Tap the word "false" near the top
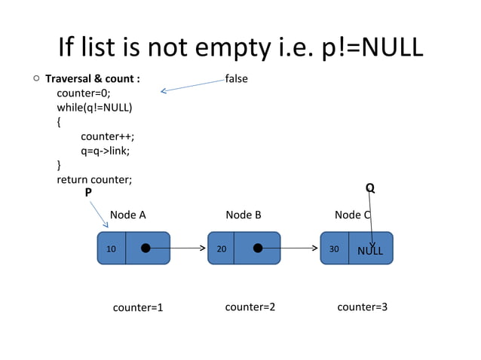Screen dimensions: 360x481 pyautogui.click(x=236, y=78)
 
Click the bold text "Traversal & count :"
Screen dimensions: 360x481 pyautogui.click(x=92, y=78)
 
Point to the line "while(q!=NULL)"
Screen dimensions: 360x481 pyautogui.click(x=94, y=107)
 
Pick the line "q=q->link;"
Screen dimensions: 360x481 pyautogui.click(x=106, y=151)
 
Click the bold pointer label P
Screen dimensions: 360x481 pyautogui.click(x=88, y=193)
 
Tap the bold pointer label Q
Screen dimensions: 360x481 pyautogui.click(x=369, y=187)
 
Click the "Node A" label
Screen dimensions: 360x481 pyautogui.click(x=128, y=215)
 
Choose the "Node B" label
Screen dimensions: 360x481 pyautogui.click(x=244, y=215)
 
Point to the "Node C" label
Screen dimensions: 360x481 pyautogui.click(x=352, y=215)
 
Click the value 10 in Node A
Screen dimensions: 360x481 pyautogui.click(x=111, y=249)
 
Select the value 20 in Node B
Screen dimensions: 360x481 pyautogui.click(x=222, y=249)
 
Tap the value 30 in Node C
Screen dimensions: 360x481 pyautogui.click(x=334, y=249)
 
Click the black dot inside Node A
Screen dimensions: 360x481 pyautogui.click(x=146, y=248)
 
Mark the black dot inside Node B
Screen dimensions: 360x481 pyautogui.click(x=258, y=248)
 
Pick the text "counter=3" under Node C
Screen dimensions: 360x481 pyautogui.click(x=362, y=307)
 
